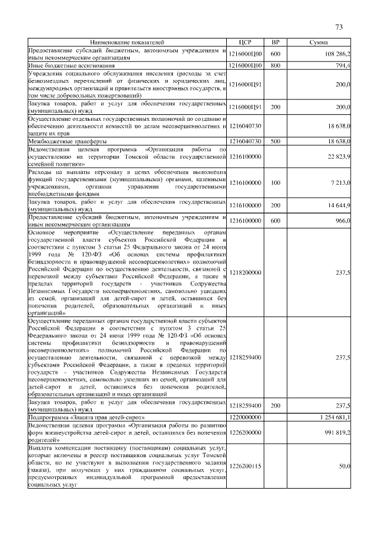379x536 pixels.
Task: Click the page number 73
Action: (339, 27)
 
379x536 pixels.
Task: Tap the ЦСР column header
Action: (245, 43)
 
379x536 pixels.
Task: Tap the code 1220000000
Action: (245, 418)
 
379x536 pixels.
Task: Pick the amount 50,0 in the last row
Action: (344, 467)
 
